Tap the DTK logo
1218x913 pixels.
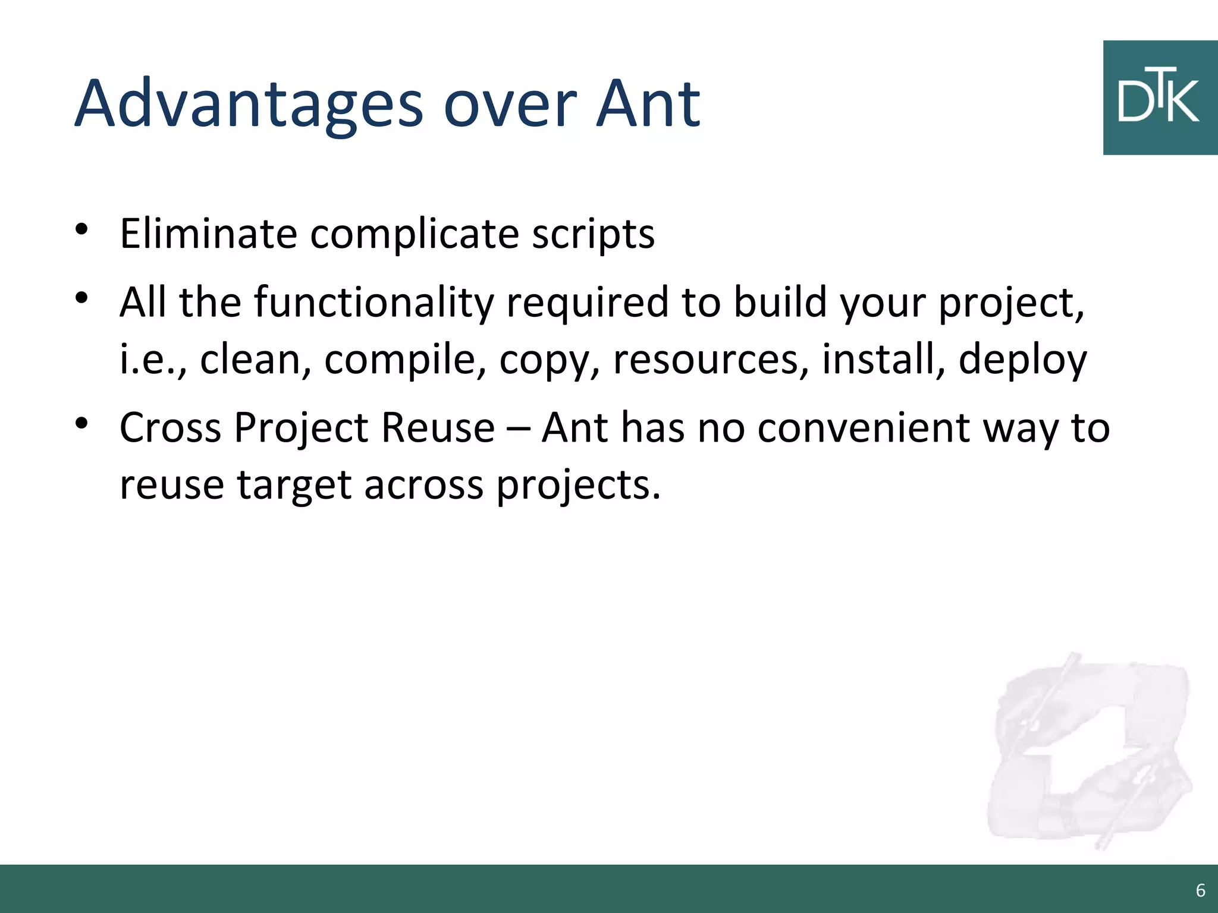(x=1159, y=98)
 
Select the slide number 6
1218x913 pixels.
(x=1200, y=890)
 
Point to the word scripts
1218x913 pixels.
(x=593, y=235)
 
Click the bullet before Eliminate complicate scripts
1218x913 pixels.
(x=82, y=229)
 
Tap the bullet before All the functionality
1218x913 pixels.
(x=82, y=297)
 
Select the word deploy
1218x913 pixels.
(x=1022, y=360)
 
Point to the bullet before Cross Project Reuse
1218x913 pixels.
(x=82, y=423)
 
